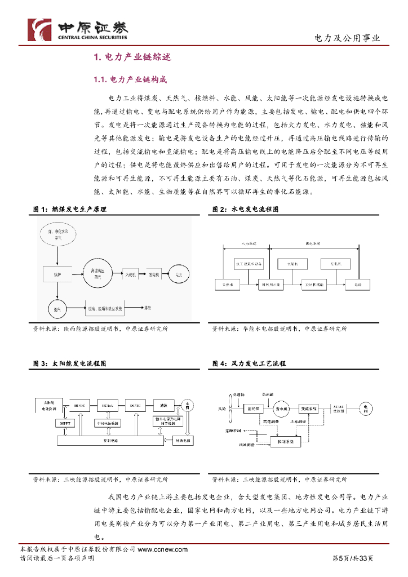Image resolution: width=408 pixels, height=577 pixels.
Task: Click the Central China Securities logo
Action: [78, 29]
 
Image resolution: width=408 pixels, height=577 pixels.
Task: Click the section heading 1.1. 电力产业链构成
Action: [130, 79]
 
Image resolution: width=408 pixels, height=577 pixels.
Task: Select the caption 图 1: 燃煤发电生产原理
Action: [70, 209]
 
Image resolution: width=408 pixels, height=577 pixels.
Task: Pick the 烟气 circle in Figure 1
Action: [57, 309]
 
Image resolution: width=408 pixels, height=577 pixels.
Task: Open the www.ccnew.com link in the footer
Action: [162, 549]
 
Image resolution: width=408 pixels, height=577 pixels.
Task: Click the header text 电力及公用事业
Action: [347, 38]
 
